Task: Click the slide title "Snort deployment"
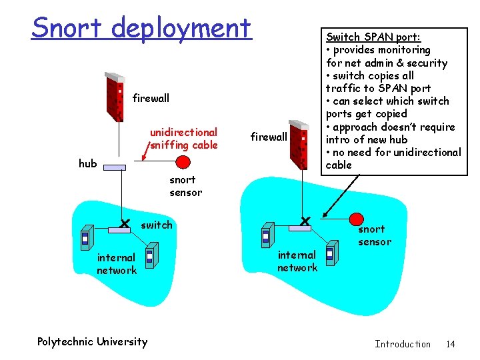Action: (141, 28)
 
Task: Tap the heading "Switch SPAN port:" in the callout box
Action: (373, 37)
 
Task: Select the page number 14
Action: (451, 344)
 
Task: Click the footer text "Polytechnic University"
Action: (92, 342)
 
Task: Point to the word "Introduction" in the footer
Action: (403, 344)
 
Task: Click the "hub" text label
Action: (87, 163)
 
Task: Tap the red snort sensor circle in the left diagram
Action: (183, 162)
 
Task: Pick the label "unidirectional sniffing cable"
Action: (183, 139)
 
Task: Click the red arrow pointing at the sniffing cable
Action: (145, 154)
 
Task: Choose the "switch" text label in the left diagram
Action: (157, 225)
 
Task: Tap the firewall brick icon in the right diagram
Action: (299, 144)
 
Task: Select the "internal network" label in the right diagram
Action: (297, 261)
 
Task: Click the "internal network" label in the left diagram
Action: (117, 264)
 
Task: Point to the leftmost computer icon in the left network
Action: (85, 238)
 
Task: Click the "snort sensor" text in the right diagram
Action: (375, 235)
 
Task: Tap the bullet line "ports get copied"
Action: (366, 114)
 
